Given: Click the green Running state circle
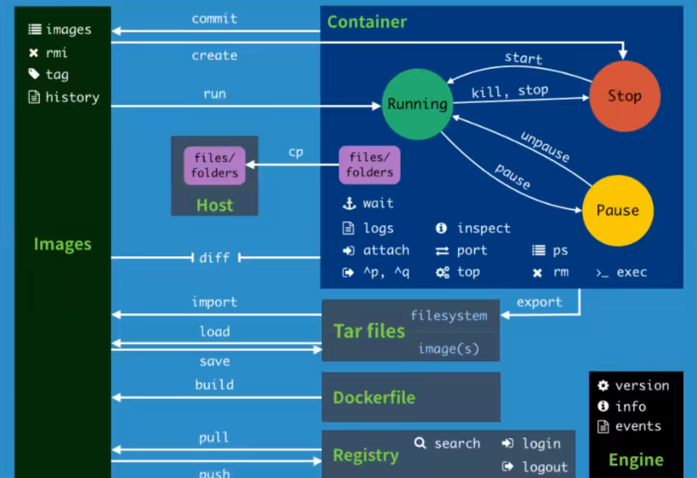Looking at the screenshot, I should tap(416, 104).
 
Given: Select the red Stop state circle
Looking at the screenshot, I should tap(624, 96).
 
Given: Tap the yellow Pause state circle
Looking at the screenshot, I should tap(617, 210).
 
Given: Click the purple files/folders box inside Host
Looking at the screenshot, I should tap(215, 165).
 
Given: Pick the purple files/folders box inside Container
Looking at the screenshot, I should tap(369, 165).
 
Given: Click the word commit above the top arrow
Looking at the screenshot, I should tap(215, 18).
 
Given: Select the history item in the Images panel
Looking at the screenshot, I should tap(72, 97).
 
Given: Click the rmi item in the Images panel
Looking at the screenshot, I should tap(57, 53).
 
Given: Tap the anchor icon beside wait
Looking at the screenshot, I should tap(349, 203).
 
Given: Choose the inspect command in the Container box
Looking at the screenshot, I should tap(483, 228).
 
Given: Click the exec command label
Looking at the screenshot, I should tap(631, 272).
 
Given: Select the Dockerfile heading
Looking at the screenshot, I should tap(373, 398).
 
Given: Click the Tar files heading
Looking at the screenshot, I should tap(368, 331).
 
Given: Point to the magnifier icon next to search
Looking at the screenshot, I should tap(420, 443).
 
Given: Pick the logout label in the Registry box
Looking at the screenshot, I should tap(545, 467).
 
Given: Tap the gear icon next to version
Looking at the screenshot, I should tap(603, 385).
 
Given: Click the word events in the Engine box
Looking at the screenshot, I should tap(638, 426).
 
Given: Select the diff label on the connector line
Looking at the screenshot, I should tap(215, 258).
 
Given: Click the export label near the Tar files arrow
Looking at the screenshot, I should tap(539, 302).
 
